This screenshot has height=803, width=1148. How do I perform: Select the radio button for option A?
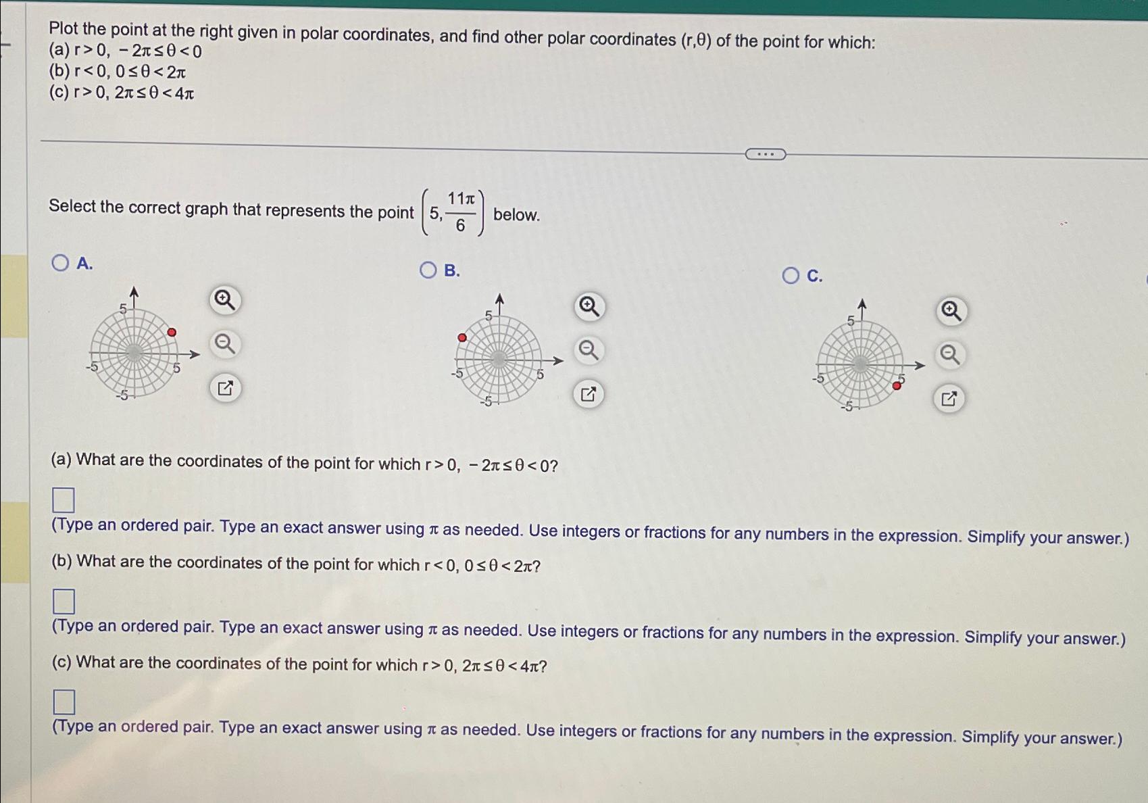pyautogui.click(x=60, y=263)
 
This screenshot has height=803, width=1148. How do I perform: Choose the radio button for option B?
pyautogui.click(x=428, y=270)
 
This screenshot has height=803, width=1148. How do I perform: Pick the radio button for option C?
pyautogui.click(x=791, y=276)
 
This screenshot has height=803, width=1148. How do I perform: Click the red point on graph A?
pyautogui.click(x=172, y=332)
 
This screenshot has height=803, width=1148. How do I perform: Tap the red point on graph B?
pyautogui.click(x=462, y=337)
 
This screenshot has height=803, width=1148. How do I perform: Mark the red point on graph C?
pyautogui.click(x=897, y=385)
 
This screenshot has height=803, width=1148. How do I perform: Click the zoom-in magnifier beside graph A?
pyautogui.click(x=225, y=299)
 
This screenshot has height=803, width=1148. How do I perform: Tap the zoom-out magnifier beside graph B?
pyautogui.click(x=589, y=350)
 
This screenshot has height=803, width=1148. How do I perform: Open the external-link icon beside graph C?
pyautogui.click(x=949, y=399)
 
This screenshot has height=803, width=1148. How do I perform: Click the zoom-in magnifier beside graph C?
pyautogui.click(x=951, y=310)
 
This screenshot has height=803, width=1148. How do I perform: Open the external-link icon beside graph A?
pyautogui.click(x=225, y=388)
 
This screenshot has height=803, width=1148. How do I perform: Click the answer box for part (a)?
pyautogui.click(x=64, y=500)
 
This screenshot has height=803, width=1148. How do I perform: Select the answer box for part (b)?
pyautogui.click(x=64, y=601)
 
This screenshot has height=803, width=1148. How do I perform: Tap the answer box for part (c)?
pyautogui.click(x=64, y=702)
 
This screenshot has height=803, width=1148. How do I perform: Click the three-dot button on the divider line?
pyautogui.click(x=765, y=154)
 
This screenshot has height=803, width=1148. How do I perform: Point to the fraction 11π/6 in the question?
pyautogui.click(x=461, y=212)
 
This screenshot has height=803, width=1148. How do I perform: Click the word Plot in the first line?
pyautogui.click(x=64, y=28)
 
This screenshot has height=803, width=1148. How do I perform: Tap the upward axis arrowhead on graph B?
pyautogui.click(x=499, y=298)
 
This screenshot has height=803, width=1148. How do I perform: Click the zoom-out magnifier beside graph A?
pyautogui.click(x=225, y=344)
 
